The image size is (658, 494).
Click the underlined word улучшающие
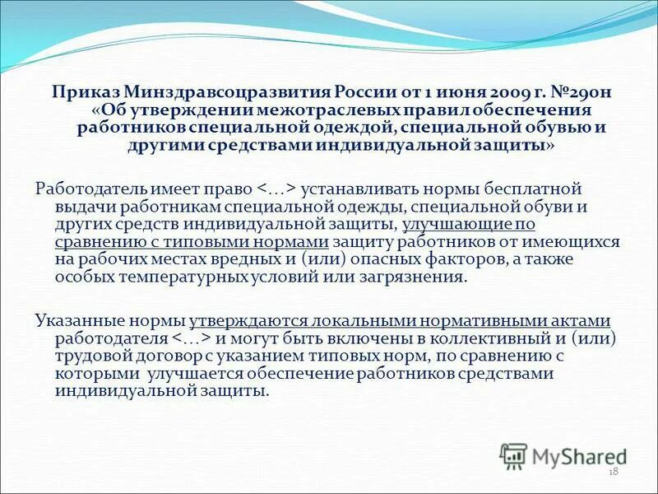[457, 223]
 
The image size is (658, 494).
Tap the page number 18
[613, 472]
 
